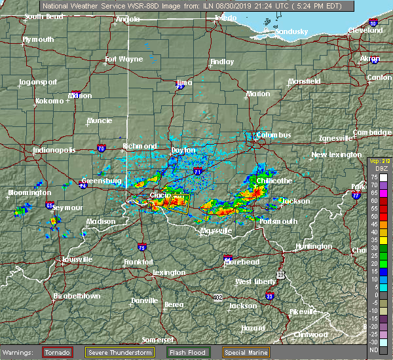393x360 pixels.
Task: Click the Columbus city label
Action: [273, 135]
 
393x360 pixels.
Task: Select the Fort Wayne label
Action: [124, 60]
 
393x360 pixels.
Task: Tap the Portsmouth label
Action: [279, 221]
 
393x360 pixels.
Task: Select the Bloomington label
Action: [29, 193]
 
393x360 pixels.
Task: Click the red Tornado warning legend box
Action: [58, 352]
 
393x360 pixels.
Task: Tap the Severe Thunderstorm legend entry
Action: [124, 352]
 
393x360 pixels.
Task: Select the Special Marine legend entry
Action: [246, 352]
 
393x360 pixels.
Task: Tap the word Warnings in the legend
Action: [20, 352]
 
